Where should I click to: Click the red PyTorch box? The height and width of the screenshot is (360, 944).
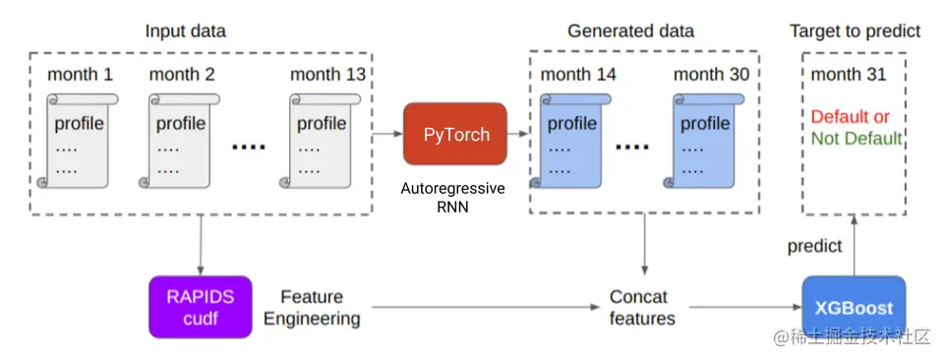point(455,134)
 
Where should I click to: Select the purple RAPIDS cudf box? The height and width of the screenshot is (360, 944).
point(200,307)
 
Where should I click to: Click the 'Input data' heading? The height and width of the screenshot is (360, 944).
point(185,30)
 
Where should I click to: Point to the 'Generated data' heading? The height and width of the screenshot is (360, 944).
point(630,30)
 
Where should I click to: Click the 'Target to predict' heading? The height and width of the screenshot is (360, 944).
point(855,31)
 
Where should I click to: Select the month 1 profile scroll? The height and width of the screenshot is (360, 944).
point(78,142)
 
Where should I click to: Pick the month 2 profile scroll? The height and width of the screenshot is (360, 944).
point(180,142)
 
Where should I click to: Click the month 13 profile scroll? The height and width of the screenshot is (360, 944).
point(321,142)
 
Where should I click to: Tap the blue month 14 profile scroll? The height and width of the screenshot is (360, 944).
point(571,142)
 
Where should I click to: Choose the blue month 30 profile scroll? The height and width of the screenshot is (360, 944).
point(704,142)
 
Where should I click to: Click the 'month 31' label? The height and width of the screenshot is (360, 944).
point(849,75)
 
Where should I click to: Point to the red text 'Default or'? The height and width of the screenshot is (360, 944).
point(850,117)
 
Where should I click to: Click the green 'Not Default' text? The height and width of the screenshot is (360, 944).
point(855,139)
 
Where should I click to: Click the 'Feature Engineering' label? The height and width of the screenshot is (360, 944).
point(312,308)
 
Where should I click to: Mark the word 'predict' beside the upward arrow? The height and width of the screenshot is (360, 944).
point(814,246)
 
